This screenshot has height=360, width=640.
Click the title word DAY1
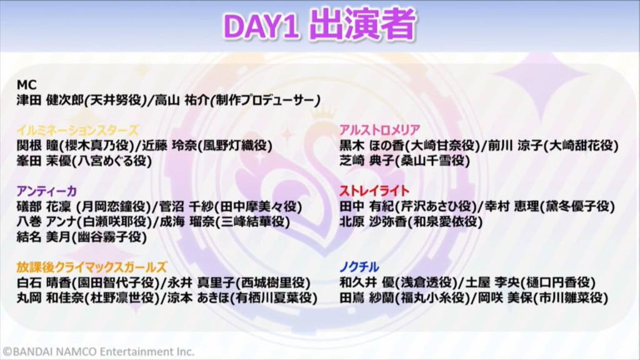click(262, 26)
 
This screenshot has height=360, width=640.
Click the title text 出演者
click(362, 24)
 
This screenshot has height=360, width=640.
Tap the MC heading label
click(26, 85)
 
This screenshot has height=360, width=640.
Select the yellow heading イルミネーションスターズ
click(77, 131)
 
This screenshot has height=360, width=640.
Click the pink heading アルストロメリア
click(379, 130)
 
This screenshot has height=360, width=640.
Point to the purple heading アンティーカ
click(46, 191)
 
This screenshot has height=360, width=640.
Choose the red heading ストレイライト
click(374, 191)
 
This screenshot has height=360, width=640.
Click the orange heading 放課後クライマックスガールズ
click(92, 267)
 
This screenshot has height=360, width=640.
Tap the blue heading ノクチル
click(359, 267)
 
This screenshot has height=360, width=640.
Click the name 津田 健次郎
click(50, 100)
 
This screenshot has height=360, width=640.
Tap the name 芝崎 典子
click(367, 161)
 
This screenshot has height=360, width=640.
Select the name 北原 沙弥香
click(373, 222)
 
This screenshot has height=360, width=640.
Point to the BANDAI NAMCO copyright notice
click(98, 352)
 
